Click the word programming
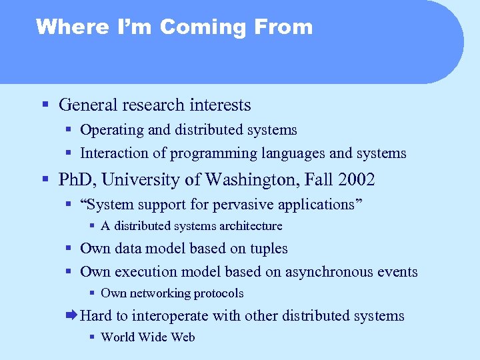pos(210,154)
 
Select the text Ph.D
pos(79,180)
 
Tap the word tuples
pos(269,249)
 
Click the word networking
pos(159,293)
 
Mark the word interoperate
pos(172,316)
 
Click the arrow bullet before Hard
pos(71,315)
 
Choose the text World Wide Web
pos(148,337)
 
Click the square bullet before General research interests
pos(45,105)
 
